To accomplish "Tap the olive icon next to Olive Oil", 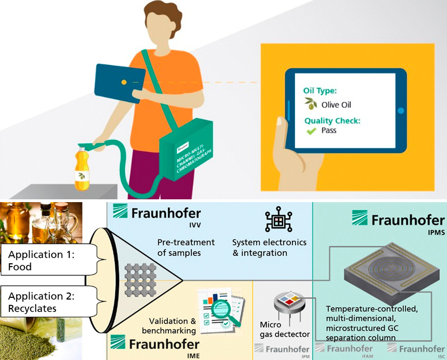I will click(310, 104).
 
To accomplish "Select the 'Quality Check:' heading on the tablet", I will click(332, 120).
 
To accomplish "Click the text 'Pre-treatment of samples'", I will click(186, 247).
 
